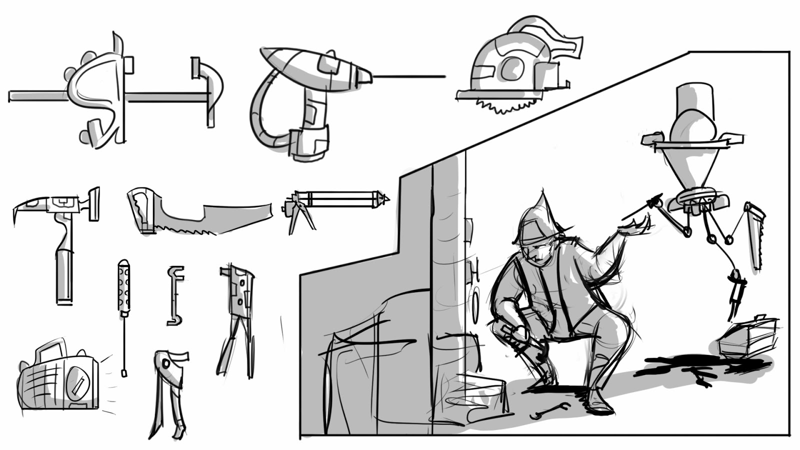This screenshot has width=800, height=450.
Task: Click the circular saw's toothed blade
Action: coord(505,105)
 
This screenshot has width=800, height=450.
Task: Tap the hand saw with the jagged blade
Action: coord(200,215)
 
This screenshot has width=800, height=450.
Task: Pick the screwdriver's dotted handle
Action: coord(123,287)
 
